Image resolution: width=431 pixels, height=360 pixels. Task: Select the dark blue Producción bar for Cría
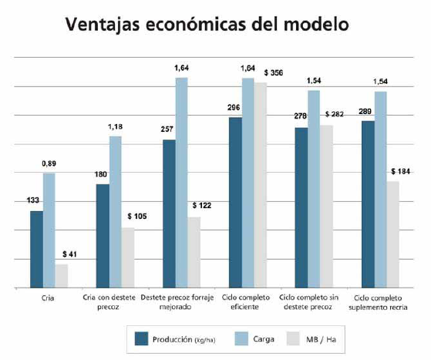coord(36,249)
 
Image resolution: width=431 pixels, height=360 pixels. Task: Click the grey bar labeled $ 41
coord(61,275)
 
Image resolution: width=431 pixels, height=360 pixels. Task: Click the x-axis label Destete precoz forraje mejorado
coord(180,301)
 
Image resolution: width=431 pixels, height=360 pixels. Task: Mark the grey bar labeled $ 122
coord(194,252)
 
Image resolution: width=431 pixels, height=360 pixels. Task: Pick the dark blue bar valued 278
coord(301,207)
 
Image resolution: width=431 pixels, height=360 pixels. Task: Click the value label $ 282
coord(337,114)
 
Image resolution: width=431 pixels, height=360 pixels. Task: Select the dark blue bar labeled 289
coord(368,204)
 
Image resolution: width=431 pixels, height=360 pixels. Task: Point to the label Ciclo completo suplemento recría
coord(380,301)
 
